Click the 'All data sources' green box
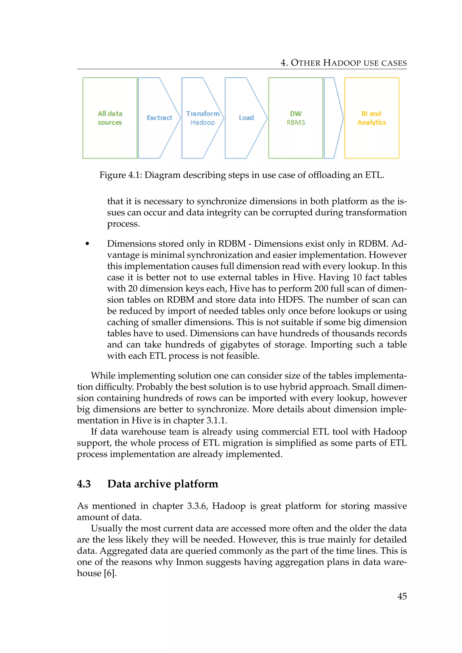coord(110,118)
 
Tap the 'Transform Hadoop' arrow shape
coord(203,118)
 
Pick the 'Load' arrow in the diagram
coord(246,118)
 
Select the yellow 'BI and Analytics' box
coord(372,118)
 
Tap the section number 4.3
coord(84,484)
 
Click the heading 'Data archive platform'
coord(162,484)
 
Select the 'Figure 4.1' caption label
coord(120,175)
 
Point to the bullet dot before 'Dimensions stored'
coord(87,244)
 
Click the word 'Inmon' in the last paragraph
coord(189,562)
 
